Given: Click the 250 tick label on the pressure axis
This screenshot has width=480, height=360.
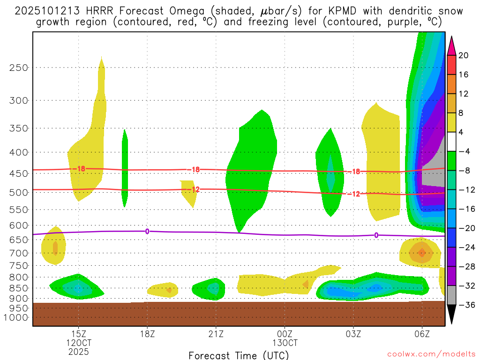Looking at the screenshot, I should pos(19,67).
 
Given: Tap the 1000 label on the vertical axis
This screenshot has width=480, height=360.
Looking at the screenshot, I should pos(17,317).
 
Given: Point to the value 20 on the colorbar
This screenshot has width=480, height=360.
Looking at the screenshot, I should pos(464,55).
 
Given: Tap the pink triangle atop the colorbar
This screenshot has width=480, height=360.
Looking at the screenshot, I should pos(452,45).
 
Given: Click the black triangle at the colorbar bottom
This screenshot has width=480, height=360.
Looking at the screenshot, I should pos(452,314).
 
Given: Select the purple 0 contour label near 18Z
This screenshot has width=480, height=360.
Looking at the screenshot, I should pos(147,231).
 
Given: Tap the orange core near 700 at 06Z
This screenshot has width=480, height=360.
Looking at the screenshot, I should pos(422,253).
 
